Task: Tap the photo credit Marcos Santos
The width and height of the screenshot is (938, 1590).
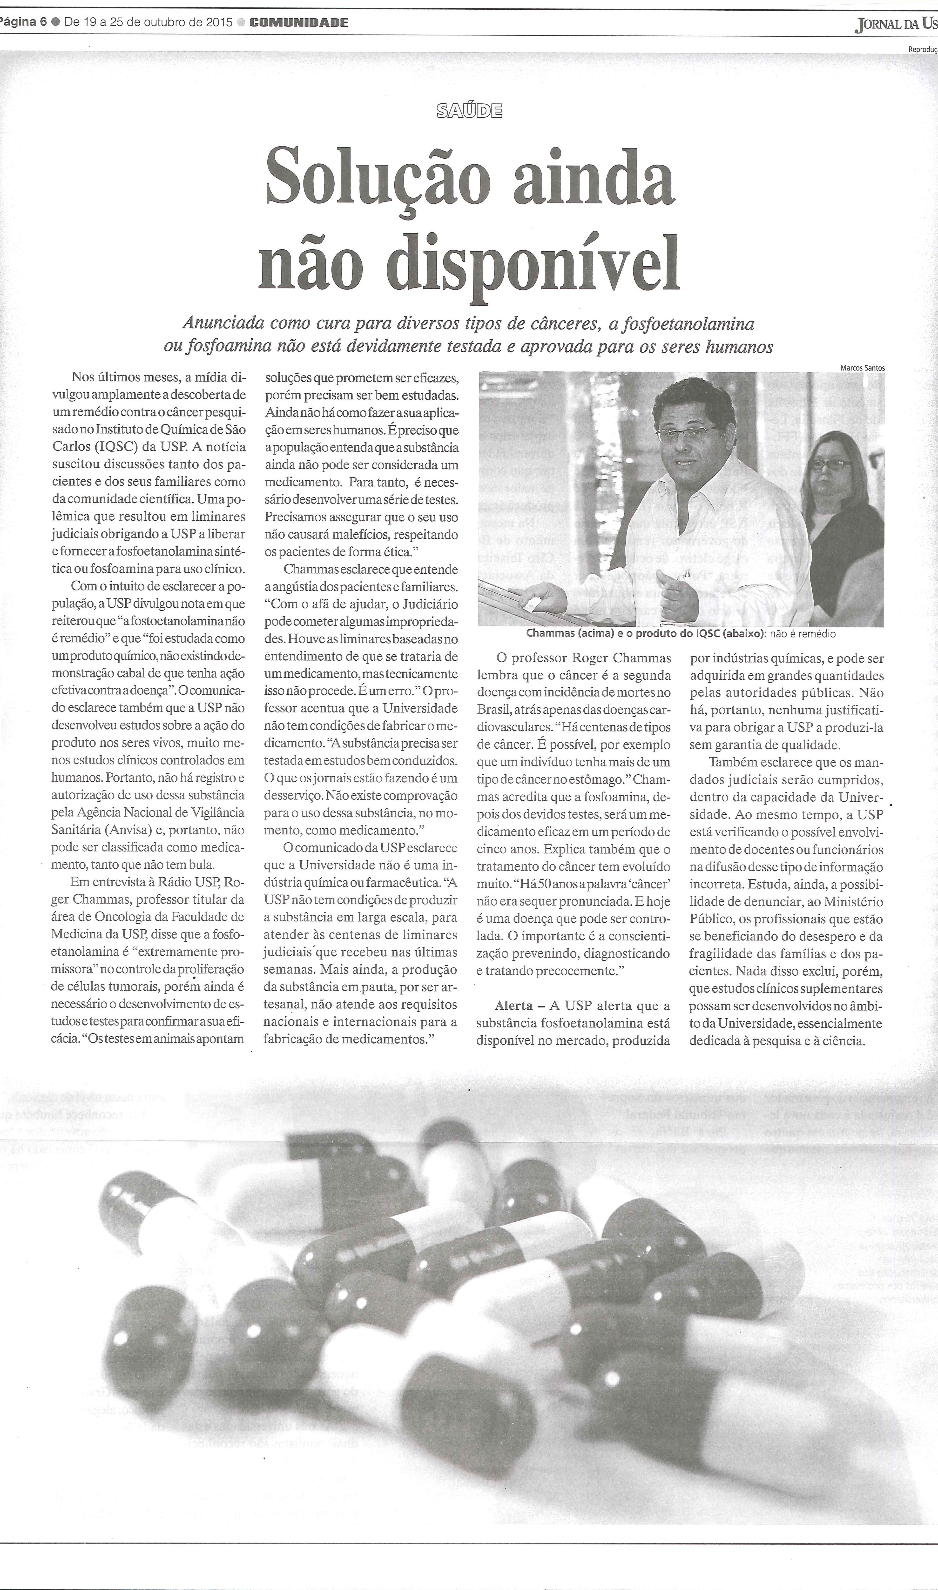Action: (862, 368)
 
